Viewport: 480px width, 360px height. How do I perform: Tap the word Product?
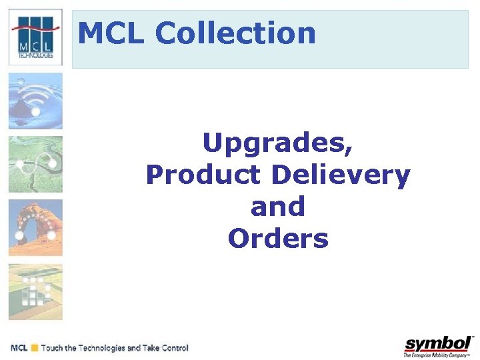coord(203,175)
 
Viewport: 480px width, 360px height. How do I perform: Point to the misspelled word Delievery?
coord(341,175)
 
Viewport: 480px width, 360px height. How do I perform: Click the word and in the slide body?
coord(278,207)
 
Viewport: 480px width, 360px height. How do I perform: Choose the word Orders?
coord(278,239)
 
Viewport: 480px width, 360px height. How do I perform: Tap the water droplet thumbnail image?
coord(35,101)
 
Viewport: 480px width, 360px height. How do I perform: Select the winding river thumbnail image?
coord(35,164)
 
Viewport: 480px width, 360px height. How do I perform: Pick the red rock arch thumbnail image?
coord(35,227)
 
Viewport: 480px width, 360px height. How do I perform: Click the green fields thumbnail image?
coord(35,291)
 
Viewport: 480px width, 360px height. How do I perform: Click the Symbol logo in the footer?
coord(438,344)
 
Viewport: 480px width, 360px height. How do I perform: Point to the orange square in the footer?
coord(34,348)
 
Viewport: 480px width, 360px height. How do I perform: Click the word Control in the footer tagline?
coord(173,348)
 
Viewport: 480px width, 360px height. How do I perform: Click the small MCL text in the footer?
coord(19,348)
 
